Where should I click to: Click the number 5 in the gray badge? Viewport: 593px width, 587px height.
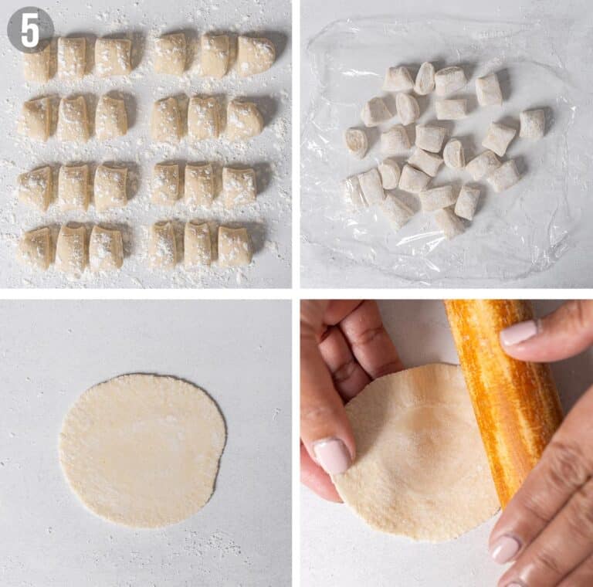click(x=30, y=29)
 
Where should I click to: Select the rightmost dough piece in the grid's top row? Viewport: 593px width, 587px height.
click(x=255, y=56)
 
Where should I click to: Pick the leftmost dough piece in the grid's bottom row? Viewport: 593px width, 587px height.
click(x=36, y=248)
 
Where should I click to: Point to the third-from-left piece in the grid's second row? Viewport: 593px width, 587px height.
click(x=110, y=117)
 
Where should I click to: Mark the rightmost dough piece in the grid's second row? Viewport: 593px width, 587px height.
click(x=243, y=119)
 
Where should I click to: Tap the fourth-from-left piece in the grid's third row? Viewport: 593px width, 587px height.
click(x=165, y=184)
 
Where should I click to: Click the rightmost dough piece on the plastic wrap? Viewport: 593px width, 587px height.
click(x=532, y=124)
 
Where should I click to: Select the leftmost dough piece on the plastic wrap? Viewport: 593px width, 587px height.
click(x=354, y=192)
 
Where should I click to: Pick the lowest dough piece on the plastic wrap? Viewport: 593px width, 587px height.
click(x=449, y=222)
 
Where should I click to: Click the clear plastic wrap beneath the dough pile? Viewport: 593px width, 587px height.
click(x=432, y=255)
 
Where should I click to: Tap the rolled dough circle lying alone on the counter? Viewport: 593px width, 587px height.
click(x=142, y=450)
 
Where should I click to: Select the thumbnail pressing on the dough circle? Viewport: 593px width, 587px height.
click(x=333, y=456)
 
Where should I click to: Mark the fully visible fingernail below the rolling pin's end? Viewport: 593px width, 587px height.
click(x=507, y=548)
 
